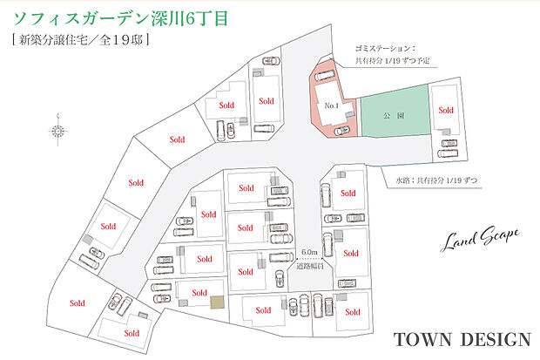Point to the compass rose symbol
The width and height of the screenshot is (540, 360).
pyautogui.click(x=58, y=131)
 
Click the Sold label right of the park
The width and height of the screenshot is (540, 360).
pyautogui.click(x=446, y=111)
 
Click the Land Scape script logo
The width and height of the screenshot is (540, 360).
pyautogui.click(x=483, y=235)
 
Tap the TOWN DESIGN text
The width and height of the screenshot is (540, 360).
pyautogui.click(x=461, y=338)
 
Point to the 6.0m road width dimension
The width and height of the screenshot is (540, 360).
pyautogui.click(x=308, y=252)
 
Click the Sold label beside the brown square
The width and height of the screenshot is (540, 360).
pyautogui.click(x=199, y=292)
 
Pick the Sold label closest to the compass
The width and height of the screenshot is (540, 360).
pyautogui.click(x=178, y=139)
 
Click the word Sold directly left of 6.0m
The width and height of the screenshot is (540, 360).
pyautogui.click(x=246, y=271)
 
